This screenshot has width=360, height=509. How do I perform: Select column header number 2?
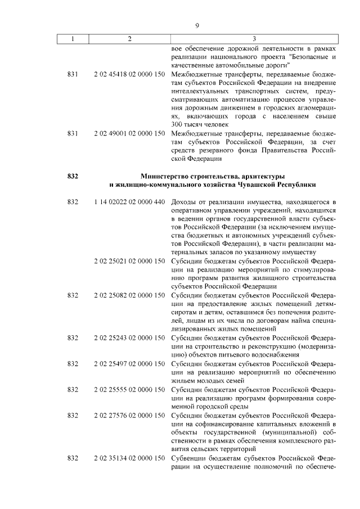tap(129, 39)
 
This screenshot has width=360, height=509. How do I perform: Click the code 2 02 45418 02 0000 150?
tap(129, 74)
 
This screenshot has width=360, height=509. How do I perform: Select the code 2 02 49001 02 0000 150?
tap(129, 133)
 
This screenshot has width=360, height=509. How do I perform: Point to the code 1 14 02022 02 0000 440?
tap(129, 201)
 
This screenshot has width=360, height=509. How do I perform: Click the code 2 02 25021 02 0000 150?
tap(129, 261)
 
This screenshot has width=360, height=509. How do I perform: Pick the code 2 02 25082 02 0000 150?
tap(129, 295)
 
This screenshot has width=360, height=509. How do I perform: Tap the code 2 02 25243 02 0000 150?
tap(129, 337)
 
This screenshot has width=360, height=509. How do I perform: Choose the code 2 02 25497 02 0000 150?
tap(129, 363)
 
